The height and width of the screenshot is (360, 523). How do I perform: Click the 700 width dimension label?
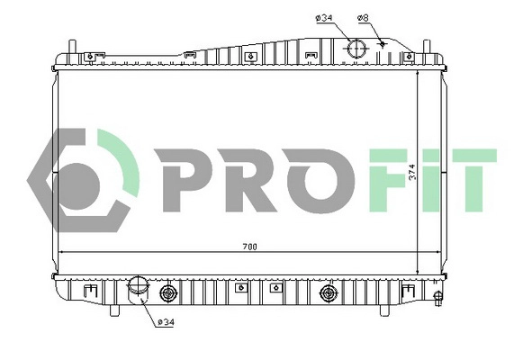pos(247,247)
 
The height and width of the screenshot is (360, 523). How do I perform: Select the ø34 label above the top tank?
pos(323,17)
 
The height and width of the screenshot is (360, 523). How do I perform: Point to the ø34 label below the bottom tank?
pos(167,322)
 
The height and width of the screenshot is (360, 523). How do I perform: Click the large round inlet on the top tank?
pos(356,49)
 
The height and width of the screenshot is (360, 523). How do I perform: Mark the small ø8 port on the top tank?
pos(383,42)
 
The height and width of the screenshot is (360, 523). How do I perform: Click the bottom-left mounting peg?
pos(115,310)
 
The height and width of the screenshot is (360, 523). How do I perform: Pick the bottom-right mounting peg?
pos(383,310)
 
